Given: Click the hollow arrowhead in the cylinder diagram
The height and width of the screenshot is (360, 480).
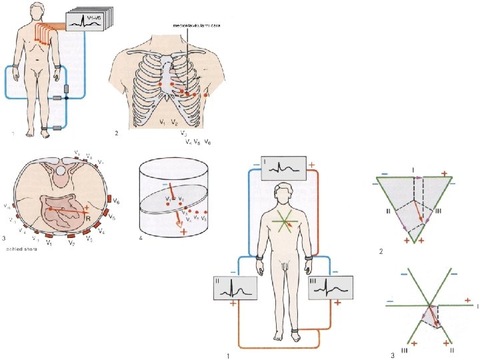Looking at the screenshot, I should coord(178,225).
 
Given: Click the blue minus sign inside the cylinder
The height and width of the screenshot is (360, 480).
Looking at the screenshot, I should coord(165,184).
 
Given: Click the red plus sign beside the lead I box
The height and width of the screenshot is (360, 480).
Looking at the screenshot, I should coord(311,163).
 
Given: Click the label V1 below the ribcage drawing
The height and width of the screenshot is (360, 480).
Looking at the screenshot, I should coord(163,122).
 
